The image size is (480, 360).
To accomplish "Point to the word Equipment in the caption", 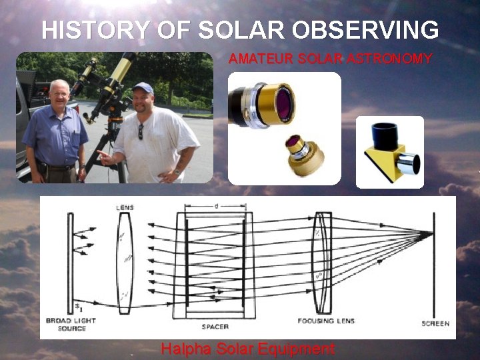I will [301, 349].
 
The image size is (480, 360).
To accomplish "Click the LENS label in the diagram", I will [125, 208].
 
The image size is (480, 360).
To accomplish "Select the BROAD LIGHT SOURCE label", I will [71, 324].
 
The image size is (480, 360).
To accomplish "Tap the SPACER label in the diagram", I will [215, 327].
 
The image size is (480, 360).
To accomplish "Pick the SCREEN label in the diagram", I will [435, 323].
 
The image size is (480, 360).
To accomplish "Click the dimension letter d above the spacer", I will [216, 207].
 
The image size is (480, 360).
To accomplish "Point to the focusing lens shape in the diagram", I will [323, 263].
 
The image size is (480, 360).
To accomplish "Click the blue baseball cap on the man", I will [142, 87].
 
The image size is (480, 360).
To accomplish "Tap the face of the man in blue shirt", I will [59, 95].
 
